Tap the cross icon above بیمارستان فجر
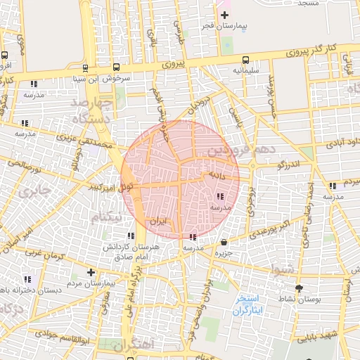coord(224,15)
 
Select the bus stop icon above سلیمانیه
coord(245,60)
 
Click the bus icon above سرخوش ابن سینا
coord(85,69)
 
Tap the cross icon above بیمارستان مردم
coord(90,272)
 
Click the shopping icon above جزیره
coord(224,240)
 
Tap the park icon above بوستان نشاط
coord(299,288)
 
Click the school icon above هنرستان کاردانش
coord(130,236)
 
